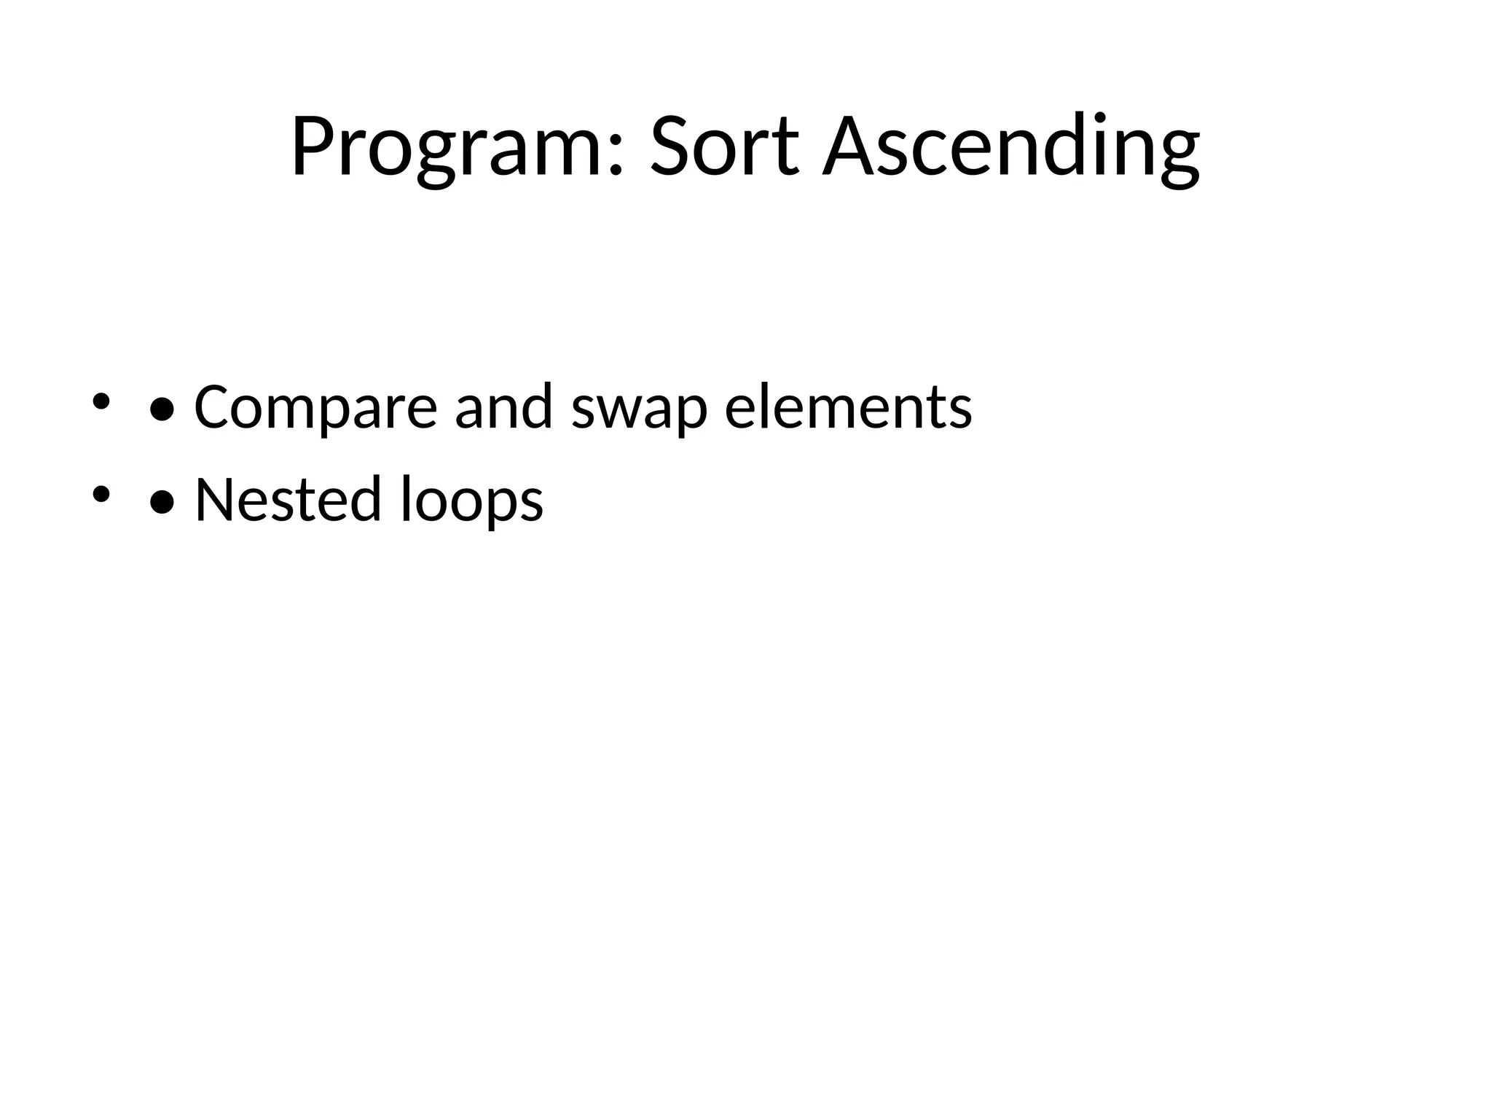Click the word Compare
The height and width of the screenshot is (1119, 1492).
pos(315,407)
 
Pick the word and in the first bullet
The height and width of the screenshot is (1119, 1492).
pos(503,407)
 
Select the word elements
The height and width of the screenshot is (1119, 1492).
pos(848,407)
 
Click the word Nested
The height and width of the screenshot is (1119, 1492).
pos(288,500)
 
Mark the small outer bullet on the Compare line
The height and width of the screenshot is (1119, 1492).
pos(101,402)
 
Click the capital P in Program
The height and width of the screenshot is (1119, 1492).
pos(313,146)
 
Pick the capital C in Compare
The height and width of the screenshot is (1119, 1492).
pos(214,407)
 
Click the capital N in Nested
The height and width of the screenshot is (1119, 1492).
pos(217,500)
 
